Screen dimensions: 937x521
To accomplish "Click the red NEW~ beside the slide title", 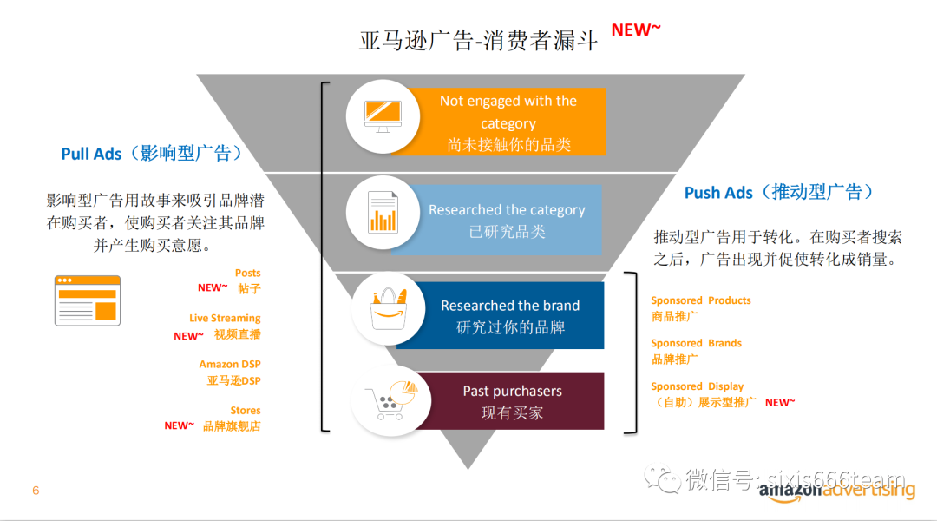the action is [x=636, y=30].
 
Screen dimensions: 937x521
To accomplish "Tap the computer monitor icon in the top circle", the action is [x=383, y=116].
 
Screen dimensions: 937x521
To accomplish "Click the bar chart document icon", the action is [x=383, y=212].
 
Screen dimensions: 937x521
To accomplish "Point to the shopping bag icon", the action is [x=389, y=308].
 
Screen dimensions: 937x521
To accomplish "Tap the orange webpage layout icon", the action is [x=88, y=300].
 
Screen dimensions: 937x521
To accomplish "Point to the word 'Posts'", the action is [x=247, y=273].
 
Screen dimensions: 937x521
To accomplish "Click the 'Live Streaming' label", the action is [x=225, y=318].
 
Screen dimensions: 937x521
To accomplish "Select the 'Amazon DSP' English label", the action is [x=229, y=364].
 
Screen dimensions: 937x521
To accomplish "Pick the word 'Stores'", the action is [x=245, y=411].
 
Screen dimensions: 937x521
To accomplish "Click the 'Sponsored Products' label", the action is [x=701, y=300].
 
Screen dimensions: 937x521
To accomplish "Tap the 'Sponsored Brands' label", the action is [x=696, y=343].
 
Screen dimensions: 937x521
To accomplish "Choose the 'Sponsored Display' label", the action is [x=698, y=386].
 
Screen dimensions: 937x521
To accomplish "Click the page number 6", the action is [x=36, y=491].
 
